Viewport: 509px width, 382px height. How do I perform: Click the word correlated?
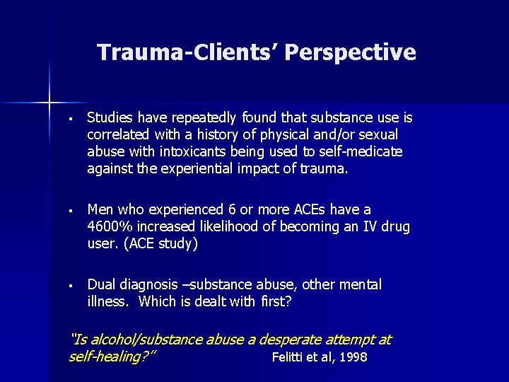119,134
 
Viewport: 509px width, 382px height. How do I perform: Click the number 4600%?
111,227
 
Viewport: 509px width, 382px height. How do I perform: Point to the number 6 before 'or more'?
231,210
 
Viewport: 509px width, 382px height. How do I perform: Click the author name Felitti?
289,357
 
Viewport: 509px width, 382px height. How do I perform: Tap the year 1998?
352,357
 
